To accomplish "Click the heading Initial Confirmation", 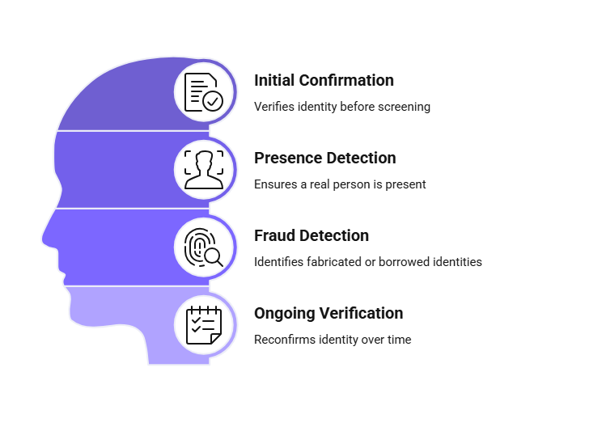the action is [x=324, y=81].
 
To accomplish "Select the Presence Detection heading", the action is [x=324, y=158].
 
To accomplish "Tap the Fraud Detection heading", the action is [x=312, y=235].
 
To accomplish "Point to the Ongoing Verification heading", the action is [x=329, y=314].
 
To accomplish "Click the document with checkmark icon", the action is [x=203, y=92].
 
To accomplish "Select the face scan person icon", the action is [x=204, y=170].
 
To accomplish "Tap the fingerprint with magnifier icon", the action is [x=203, y=247].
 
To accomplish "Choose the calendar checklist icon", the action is [x=204, y=325].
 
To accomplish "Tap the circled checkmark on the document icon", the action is [x=213, y=101].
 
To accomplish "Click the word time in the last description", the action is [x=400, y=340].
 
